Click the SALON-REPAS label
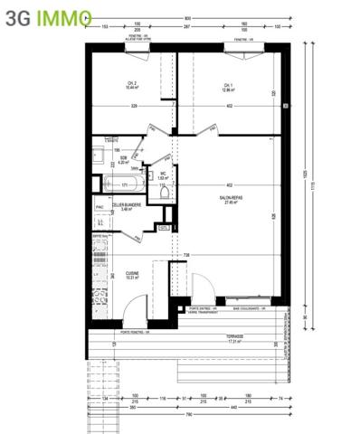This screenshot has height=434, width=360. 230,199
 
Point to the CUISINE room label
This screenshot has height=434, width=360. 131,274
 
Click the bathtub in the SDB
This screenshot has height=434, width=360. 123,185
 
